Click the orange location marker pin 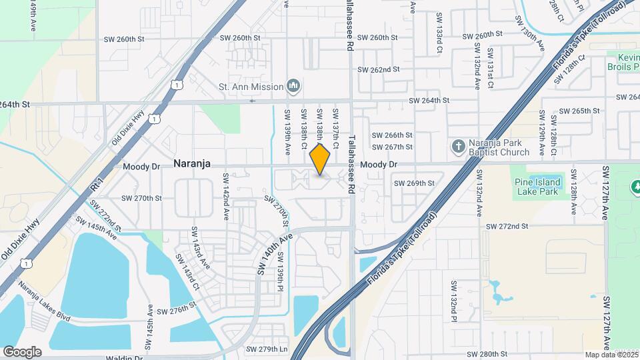coord(320,160)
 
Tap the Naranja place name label coord(193,163)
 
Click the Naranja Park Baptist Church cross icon coord(458,145)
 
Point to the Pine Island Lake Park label coord(539,186)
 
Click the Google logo coord(22,351)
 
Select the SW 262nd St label coord(378,69)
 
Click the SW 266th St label coord(392,135)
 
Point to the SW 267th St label coord(392,147)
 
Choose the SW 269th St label coord(413,183)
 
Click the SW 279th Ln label coord(267,349)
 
